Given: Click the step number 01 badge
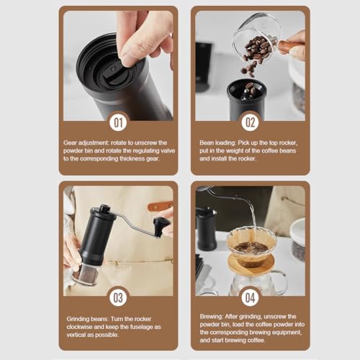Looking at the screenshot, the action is (118, 122).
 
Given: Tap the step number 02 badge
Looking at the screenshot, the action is (250, 122).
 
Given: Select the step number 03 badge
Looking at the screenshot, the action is (118, 298).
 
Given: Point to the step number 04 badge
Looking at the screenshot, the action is (250, 298).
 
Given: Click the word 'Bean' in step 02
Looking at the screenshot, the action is (207, 143).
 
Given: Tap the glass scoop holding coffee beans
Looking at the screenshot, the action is (255, 38).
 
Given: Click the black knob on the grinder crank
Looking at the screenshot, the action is (160, 227).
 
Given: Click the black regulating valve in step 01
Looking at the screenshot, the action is (114, 73).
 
